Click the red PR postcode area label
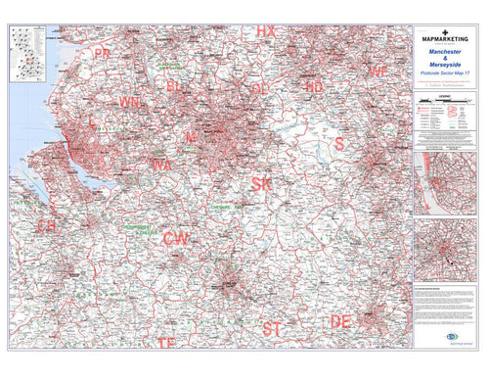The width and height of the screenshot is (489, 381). pyautogui.click(x=103, y=53)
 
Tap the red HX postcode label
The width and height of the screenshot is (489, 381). pyautogui.click(x=266, y=31)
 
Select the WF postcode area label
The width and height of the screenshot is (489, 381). pyautogui.click(x=378, y=72)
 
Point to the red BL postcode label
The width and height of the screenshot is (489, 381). pyautogui.click(x=175, y=87)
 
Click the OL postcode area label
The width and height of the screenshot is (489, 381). pyautogui.click(x=259, y=88)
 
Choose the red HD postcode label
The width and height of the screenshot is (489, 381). pyautogui.click(x=314, y=87)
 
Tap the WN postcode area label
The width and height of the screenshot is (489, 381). pyautogui.click(x=129, y=102)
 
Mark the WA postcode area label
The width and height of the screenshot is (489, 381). pyautogui.click(x=161, y=166)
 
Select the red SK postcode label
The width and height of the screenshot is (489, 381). pyautogui.click(x=262, y=183)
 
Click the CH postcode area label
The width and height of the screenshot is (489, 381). pyautogui.click(x=46, y=225)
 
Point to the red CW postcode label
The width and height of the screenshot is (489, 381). pyautogui.click(x=176, y=238)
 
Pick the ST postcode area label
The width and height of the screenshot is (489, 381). pyautogui.click(x=273, y=326)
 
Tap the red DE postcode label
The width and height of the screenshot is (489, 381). pyautogui.click(x=340, y=321)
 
